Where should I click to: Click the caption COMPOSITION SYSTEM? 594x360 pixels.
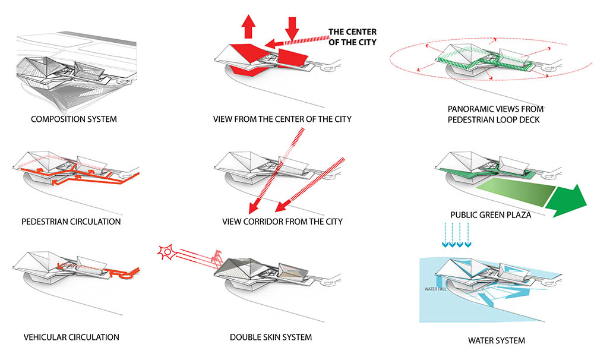click(74, 119)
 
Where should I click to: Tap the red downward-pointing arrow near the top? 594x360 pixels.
click(292, 29)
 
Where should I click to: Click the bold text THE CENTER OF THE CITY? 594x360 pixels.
click(352, 37)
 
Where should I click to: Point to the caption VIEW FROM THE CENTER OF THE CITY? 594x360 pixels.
click(282, 119)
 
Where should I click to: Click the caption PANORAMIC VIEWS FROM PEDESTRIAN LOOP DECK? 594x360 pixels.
click(495, 115)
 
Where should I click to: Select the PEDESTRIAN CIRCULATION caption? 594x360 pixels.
click(71, 222)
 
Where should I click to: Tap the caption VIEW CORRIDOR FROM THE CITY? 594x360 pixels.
click(282, 222)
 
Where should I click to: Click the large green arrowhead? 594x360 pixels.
click(567, 201)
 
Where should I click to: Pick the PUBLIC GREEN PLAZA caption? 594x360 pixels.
click(491, 215)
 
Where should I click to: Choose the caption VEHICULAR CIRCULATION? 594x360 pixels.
click(71, 337)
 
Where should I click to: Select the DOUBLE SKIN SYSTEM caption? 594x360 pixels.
click(271, 337)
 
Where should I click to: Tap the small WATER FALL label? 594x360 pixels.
click(435, 289)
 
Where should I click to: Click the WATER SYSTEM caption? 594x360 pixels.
click(496, 340)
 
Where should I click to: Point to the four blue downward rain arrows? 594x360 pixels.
click(456, 235)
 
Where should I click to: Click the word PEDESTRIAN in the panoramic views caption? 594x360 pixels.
click(470, 120)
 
